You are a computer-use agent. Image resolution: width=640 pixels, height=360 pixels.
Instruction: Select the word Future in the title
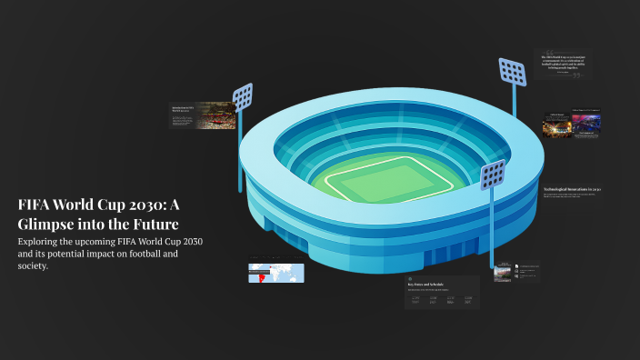pyautogui.click(x=155, y=224)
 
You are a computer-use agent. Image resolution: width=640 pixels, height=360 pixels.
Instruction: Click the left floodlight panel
pyautogui.click(x=243, y=95)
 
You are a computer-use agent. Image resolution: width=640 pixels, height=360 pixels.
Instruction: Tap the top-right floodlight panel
pyautogui.click(x=513, y=71)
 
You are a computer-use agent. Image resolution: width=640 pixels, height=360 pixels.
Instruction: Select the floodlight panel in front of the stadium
pyautogui.click(x=494, y=174)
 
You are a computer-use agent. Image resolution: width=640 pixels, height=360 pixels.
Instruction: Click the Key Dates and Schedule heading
pyautogui.click(x=430, y=285)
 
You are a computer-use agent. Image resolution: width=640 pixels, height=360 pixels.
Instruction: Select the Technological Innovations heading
pyautogui.click(x=570, y=189)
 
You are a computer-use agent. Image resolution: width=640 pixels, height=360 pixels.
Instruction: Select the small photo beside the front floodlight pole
pyautogui.click(x=503, y=272)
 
